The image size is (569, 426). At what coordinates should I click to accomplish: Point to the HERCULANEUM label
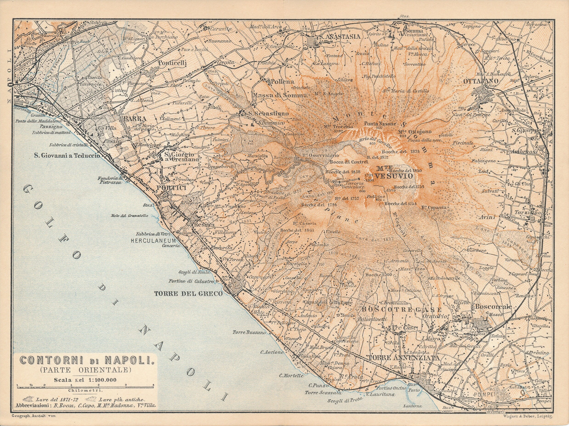click(x=153, y=241)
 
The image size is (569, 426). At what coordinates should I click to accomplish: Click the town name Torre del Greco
click(x=188, y=294)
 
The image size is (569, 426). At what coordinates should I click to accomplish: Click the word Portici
click(x=175, y=188)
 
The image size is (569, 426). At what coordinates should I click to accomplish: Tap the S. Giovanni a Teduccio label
click(x=67, y=155)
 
